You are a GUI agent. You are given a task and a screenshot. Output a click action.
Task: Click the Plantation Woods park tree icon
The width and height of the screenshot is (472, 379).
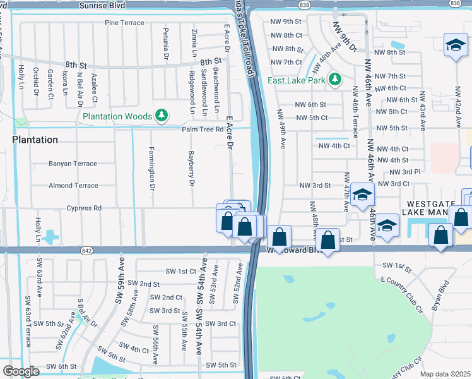click(163, 115)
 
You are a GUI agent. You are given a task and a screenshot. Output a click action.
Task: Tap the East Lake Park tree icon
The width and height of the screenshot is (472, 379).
click(336, 80)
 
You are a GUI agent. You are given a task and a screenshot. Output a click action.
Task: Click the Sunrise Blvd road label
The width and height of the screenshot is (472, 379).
click(110, 5)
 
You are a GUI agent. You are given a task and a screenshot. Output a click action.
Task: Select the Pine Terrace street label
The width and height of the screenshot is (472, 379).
click(124, 23)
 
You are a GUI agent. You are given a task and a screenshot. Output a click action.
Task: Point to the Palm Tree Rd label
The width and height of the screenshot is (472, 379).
click(203, 129)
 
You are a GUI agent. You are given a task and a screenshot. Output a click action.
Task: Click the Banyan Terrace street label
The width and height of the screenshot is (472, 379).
click(73, 164)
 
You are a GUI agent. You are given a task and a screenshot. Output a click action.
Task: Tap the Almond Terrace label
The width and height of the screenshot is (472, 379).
click(73, 186)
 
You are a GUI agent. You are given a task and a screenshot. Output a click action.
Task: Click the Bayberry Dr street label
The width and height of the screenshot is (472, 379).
click(191, 169)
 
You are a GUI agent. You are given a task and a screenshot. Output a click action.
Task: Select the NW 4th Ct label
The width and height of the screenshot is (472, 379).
click(334, 146)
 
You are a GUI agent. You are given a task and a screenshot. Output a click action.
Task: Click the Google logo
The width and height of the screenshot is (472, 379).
click(21, 371)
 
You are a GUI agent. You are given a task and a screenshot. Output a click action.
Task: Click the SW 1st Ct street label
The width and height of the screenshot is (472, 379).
click(181, 271)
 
